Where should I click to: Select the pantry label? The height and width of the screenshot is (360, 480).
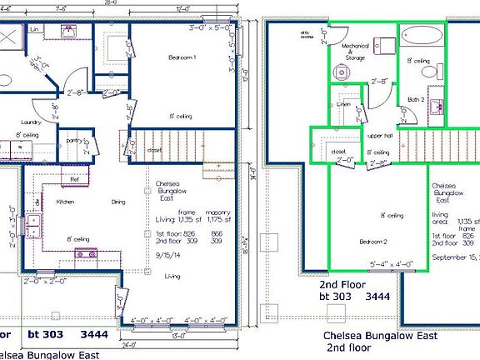(75, 141)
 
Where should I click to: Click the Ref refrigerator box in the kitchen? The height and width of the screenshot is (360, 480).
(73, 178)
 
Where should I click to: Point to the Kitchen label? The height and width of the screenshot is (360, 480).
(66, 202)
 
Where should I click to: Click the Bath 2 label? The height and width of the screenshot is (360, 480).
(416, 101)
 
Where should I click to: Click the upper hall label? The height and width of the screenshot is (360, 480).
(379, 135)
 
